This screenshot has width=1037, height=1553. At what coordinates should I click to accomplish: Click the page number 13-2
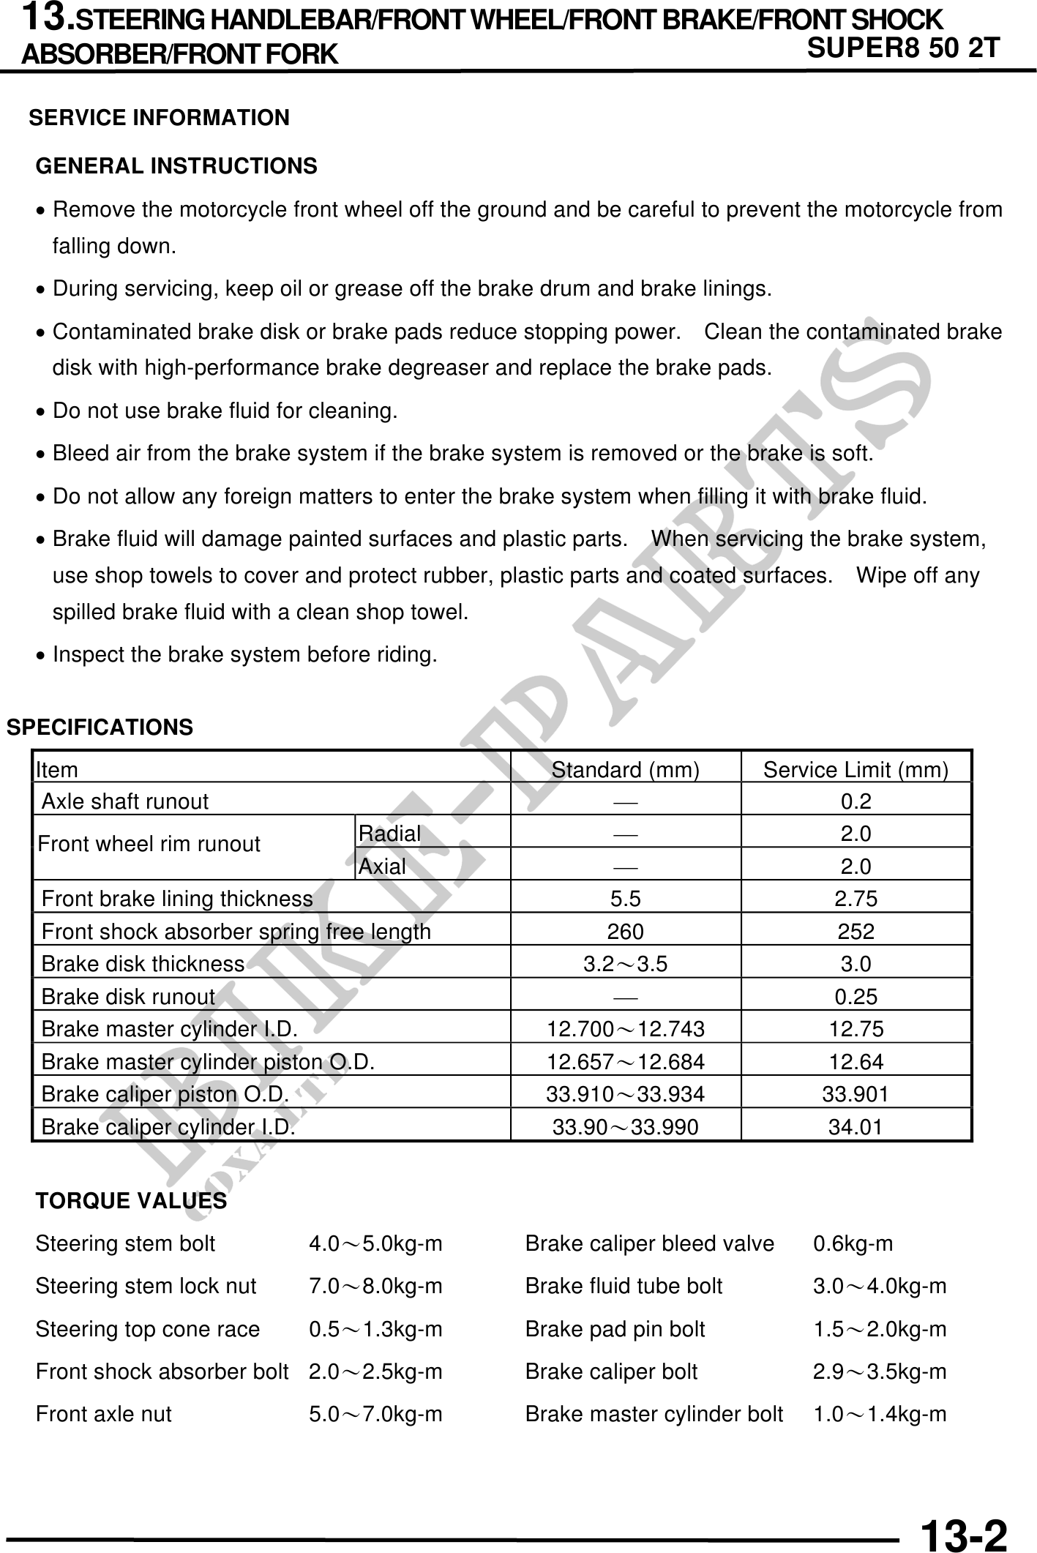[963, 1531]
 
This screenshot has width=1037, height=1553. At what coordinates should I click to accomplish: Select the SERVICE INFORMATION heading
[159, 118]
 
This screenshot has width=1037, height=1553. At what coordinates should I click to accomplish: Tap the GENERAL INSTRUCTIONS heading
[176, 166]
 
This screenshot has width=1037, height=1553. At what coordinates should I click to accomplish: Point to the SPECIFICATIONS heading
[100, 727]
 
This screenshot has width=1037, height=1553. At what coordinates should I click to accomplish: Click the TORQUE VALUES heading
[131, 1202]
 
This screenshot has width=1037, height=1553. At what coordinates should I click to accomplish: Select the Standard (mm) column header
[625, 770]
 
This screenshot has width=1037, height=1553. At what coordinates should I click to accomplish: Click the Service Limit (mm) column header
[856, 770]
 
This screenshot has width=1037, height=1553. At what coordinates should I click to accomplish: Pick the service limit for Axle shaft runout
[856, 802]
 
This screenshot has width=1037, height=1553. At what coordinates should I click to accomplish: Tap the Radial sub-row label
[389, 834]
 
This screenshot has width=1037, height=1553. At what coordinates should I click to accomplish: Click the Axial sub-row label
[382, 867]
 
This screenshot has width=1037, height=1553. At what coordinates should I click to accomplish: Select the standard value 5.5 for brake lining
[625, 899]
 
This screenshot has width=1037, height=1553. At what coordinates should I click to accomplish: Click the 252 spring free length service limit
[856, 932]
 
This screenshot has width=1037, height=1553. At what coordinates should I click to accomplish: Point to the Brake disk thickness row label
[143, 964]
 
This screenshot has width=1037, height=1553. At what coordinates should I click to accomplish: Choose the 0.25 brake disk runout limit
[856, 997]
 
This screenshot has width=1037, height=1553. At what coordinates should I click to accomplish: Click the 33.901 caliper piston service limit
[856, 1094]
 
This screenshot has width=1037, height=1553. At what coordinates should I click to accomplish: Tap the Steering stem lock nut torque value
[375, 1287]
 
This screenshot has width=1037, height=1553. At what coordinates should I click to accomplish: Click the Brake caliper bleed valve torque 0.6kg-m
[853, 1244]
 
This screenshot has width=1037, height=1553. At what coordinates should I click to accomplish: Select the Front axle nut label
[103, 1414]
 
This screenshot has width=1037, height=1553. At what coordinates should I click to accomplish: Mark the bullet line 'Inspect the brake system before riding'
[244, 655]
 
